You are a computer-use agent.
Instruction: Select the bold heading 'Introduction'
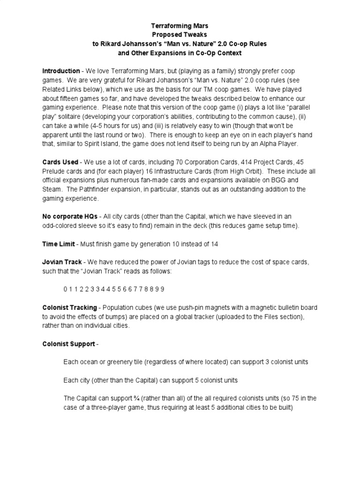(61, 71)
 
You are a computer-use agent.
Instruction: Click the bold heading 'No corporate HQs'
(69, 216)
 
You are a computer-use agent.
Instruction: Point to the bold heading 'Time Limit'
(59, 244)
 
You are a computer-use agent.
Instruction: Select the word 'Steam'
(52, 189)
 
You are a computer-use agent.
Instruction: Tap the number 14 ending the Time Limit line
(214, 244)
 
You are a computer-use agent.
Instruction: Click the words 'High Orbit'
(255, 171)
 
